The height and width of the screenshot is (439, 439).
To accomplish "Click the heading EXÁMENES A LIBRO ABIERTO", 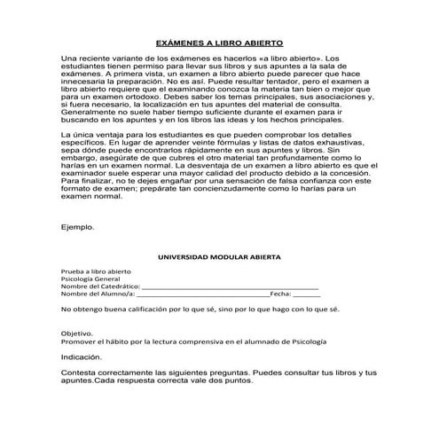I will (219, 43).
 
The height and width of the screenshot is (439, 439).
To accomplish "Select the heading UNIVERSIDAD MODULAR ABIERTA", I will (219, 256).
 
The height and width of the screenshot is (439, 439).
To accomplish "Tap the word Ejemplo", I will (77, 227).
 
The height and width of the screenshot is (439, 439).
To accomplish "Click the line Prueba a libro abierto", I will (96, 271).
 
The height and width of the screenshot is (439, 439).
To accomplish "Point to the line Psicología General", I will (90, 279).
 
